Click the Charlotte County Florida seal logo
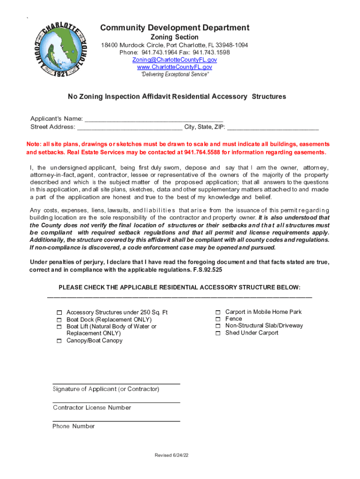tap(58, 50)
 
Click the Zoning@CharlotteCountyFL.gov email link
tap(174, 60)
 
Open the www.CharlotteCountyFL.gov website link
tap(174, 67)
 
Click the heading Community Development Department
tap(174, 28)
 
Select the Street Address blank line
tap(130, 127)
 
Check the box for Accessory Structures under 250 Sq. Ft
tap(59, 312)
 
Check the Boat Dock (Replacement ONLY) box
tap(59, 320)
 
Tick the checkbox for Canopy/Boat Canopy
tap(59, 341)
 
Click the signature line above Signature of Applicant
tap(116, 383)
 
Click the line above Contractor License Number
tap(116, 402)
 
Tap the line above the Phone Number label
tap(116, 421)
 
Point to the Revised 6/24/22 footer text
tap(172, 456)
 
